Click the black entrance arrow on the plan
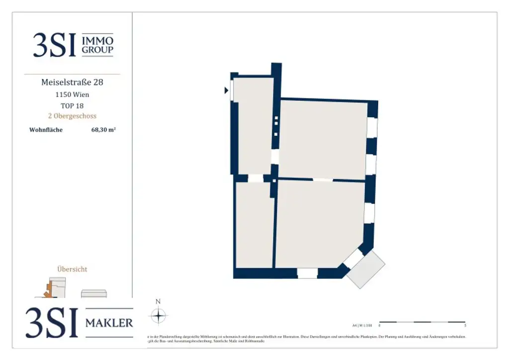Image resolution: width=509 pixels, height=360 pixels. click(226, 90)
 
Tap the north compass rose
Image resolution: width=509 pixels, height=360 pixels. click(158, 316)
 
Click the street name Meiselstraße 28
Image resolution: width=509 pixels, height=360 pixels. click(72, 82)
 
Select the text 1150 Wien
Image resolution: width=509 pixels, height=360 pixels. click(72, 94)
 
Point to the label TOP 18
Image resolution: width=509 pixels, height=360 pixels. click(72, 105)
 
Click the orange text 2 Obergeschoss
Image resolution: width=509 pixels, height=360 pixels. click(72, 116)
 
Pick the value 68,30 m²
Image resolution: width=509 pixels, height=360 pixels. click(103, 130)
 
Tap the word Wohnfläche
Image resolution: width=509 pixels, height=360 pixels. click(46, 130)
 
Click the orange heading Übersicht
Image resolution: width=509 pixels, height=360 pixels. click(72, 269)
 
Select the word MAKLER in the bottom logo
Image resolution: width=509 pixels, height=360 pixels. click(109, 323)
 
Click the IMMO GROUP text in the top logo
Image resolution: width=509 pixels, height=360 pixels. click(97, 45)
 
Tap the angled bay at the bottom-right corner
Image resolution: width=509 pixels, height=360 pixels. click(365, 269)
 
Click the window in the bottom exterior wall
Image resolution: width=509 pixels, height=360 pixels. click(307, 273)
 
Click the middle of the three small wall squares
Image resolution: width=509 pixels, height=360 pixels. click(275, 126)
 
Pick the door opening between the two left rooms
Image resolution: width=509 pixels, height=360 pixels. click(255, 178)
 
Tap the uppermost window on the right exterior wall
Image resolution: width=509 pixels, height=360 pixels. click(372, 128)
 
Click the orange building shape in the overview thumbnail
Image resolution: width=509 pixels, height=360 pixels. click(49, 290)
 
